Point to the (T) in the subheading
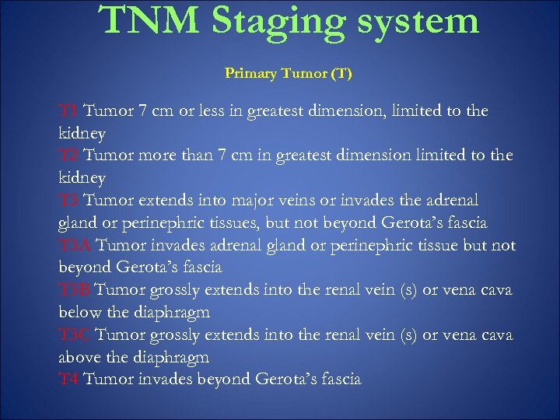pos(341,74)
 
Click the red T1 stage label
pos(68,111)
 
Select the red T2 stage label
pos(68,156)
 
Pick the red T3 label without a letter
pos(68,201)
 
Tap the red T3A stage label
pos(75,246)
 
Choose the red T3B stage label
pos(75,290)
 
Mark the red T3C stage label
pos(75,335)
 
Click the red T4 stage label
pos(68,380)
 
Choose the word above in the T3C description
pos(79,358)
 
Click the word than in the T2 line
pos(197,156)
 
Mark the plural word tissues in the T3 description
pos(236,223)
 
